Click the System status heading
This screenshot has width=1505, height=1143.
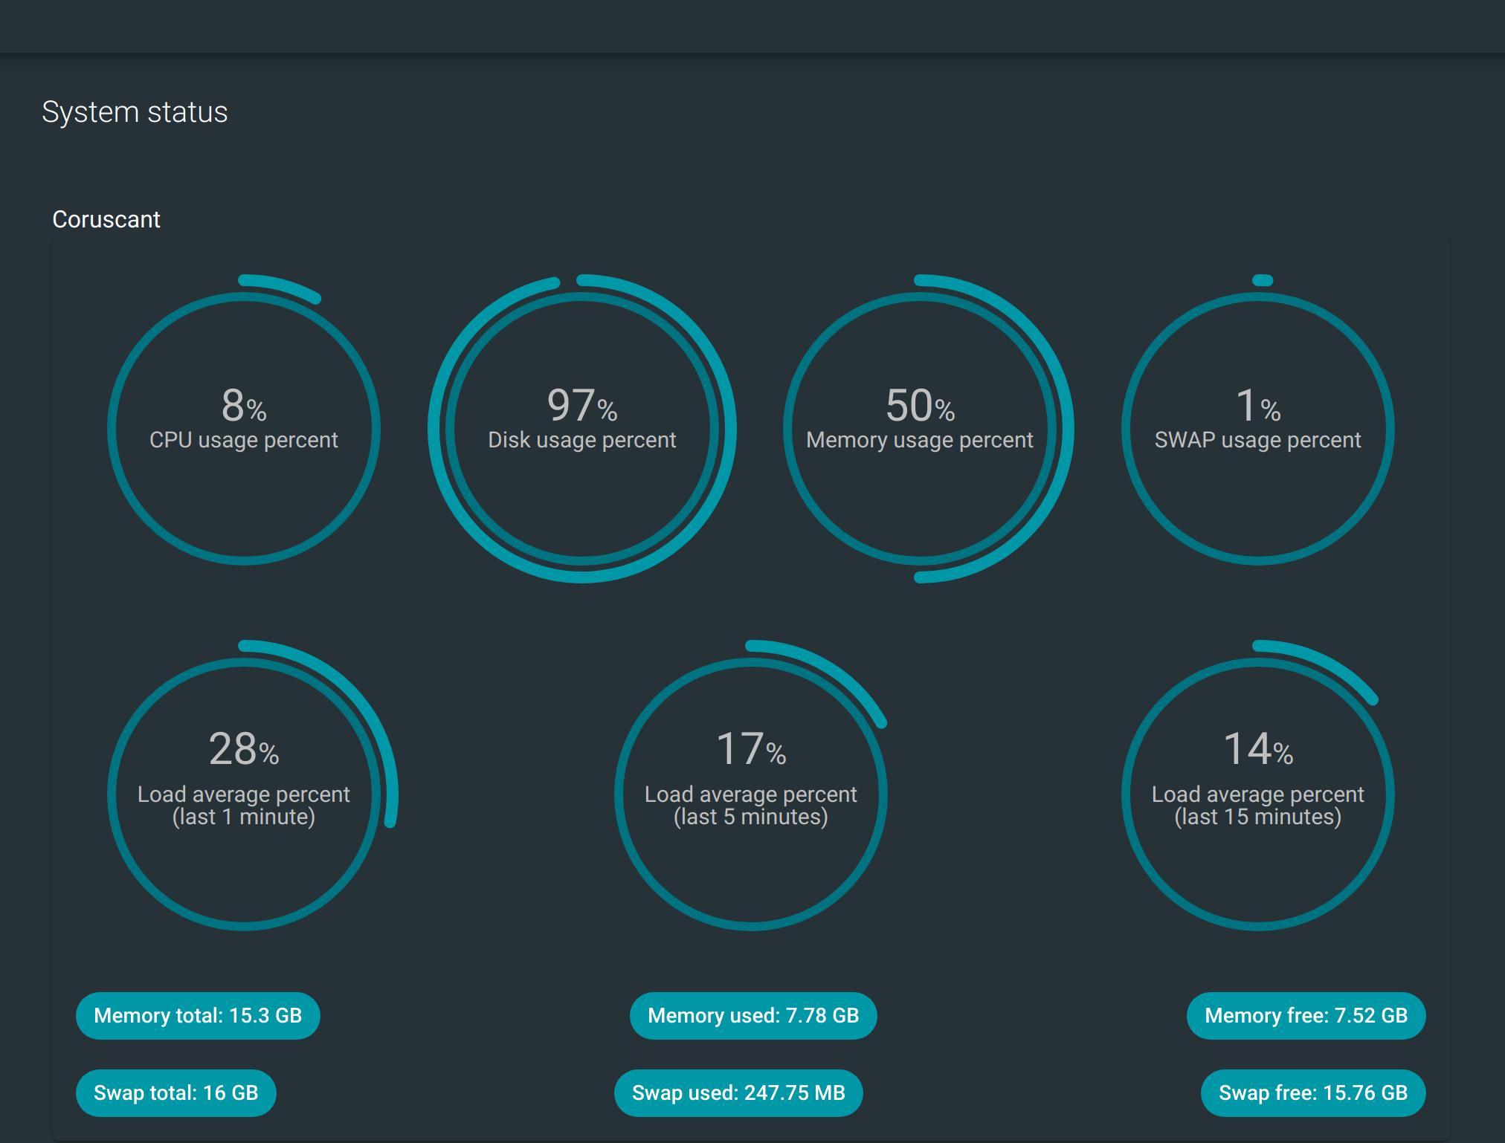click(135, 112)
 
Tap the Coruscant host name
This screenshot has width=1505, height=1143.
click(106, 219)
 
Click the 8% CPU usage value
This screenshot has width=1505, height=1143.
click(243, 405)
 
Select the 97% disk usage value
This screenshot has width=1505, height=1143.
click(581, 405)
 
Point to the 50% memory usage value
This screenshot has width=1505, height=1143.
click(920, 405)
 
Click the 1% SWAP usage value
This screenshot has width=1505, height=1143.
click(1257, 405)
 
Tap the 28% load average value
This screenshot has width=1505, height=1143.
click(243, 748)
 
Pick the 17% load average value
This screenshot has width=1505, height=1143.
click(750, 748)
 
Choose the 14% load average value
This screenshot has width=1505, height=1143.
click(1257, 748)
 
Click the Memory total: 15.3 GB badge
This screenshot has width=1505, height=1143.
click(198, 1016)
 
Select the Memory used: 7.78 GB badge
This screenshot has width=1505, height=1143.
click(753, 1016)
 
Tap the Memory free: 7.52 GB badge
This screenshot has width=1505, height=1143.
click(1306, 1016)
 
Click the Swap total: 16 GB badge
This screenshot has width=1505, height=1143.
click(175, 1093)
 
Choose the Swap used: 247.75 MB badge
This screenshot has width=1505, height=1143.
click(738, 1093)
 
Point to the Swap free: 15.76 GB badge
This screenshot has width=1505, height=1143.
click(1313, 1093)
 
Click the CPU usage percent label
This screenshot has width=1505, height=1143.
click(243, 440)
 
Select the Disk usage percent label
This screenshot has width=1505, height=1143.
click(581, 440)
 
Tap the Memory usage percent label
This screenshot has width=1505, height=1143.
click(920, 440)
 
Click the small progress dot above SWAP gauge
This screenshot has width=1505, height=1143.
click(1263, 280)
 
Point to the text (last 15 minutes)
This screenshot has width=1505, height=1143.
click(1257, 817)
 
